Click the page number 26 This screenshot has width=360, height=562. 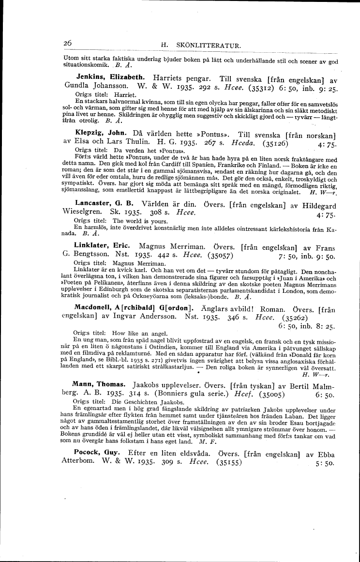[67, 43]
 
